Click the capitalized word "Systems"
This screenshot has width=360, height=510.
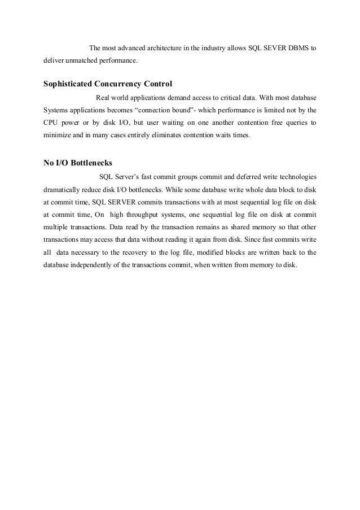[55, 110]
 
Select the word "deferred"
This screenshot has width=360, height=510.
[240, 175]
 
